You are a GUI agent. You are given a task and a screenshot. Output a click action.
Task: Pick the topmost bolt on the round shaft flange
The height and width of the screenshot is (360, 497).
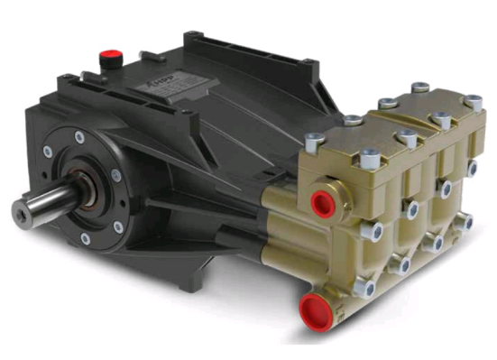[x=80, y=136]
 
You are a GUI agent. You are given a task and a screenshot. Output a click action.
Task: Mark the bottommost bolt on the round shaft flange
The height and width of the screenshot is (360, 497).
[x=86, y=238]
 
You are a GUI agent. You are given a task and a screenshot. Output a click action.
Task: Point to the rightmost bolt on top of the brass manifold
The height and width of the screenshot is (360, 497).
[x=472, y=102]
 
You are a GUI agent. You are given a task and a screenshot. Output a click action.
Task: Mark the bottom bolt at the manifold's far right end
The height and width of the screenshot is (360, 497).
[x=466, y=221]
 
